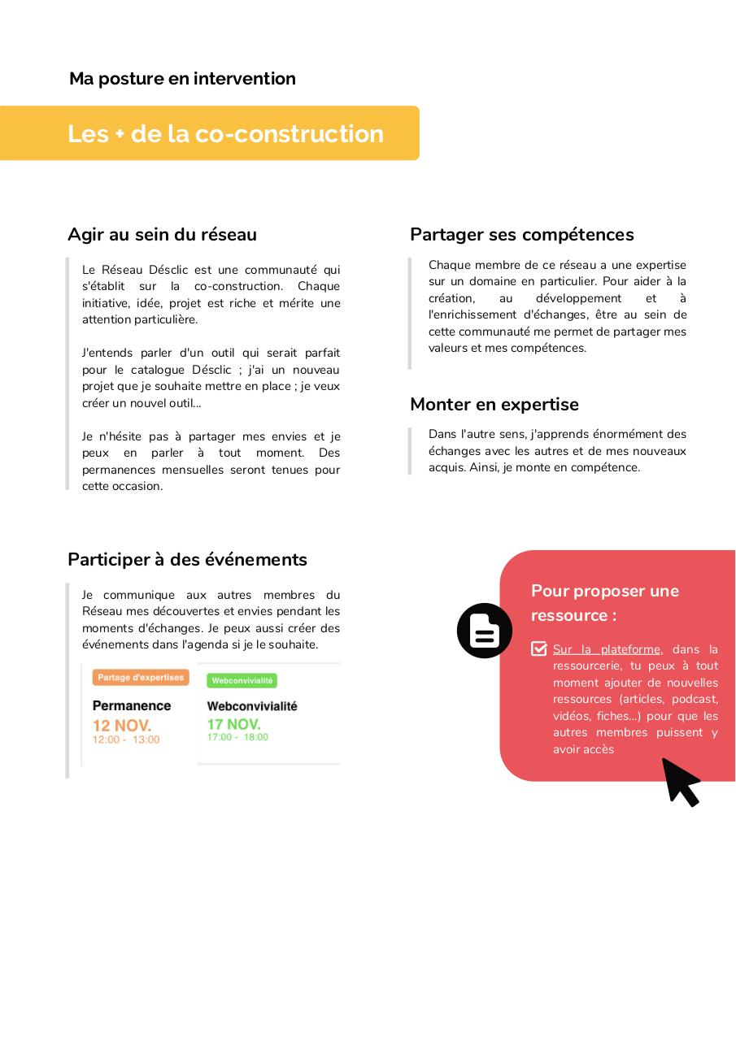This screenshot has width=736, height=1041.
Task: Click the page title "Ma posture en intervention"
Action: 182,79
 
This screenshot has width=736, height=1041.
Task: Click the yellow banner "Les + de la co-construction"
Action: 225,133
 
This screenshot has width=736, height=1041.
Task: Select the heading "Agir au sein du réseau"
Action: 162,235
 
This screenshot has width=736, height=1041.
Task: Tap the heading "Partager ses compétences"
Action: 521,235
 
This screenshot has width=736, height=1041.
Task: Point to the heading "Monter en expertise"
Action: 494,405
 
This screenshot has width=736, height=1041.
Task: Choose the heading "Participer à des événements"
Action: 187,560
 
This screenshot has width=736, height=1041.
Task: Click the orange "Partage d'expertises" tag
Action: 141,677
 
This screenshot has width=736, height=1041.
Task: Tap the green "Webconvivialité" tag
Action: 242,680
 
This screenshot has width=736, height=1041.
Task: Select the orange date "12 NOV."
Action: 121,725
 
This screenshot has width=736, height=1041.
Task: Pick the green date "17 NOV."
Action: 233,723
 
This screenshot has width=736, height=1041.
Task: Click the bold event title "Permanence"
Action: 132,705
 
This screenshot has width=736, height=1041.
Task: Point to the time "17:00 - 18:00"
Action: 237,737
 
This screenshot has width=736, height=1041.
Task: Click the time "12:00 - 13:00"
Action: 125,740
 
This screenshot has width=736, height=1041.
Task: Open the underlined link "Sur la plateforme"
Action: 607,649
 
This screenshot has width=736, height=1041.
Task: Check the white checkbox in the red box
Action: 538,648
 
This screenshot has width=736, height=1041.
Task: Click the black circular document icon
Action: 484,631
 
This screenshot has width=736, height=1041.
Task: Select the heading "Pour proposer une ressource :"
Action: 604,603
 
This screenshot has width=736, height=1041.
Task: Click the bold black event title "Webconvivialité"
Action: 252,706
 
